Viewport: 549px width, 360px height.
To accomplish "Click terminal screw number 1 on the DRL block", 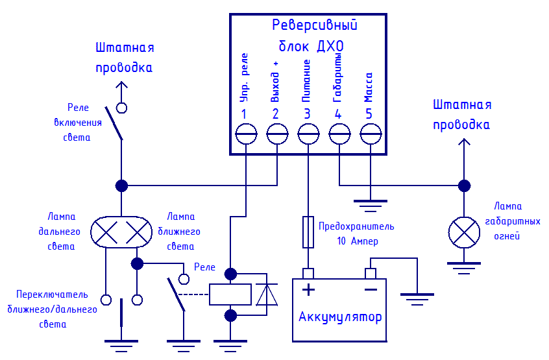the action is (x=246, y=134).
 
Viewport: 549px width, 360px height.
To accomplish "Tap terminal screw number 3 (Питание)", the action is (x=308, y=134).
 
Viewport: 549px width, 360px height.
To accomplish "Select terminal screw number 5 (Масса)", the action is (x=371, y=134).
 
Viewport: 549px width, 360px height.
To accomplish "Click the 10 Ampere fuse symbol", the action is (x=308, y=232).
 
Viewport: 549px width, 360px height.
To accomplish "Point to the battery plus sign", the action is (x=308, y=289).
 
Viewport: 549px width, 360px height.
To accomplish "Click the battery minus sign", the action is (x=371, y=289).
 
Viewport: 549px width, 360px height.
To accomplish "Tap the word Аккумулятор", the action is (x=340, y=318).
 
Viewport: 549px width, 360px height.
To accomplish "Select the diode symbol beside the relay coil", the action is (x=267, y=294).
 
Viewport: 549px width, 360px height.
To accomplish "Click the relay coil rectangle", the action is (x=230, y=294).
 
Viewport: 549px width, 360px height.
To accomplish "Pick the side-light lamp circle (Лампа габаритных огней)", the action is (x=464, y=232).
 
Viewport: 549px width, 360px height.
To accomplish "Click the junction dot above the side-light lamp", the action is (x=464, y=186).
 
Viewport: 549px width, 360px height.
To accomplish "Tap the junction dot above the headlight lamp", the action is (x=121, y=186).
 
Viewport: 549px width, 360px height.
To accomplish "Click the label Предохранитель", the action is (x=356, y=227).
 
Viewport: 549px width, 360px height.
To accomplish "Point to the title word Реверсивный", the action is (x=315, y=25).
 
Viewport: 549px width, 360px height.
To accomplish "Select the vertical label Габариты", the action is (x=337, y=78).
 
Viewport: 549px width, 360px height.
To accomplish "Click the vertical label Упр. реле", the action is (x=244, y=78).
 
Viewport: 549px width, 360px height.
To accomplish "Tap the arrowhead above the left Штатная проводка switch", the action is (x=121, y=85).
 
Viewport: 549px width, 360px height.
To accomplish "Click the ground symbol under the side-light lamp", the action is (x=464, y=268).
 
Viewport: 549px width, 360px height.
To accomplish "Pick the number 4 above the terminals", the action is (x=338, y=114).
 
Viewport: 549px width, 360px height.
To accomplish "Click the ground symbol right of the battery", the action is (x=417, y=299).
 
